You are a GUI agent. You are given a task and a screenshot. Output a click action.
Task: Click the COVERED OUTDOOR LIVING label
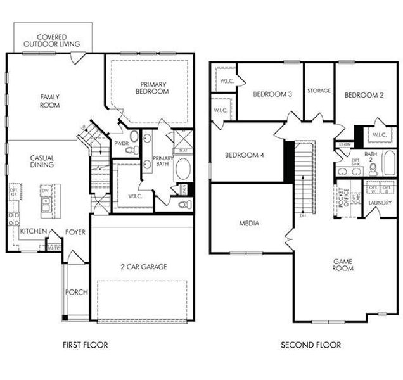click(52, 41)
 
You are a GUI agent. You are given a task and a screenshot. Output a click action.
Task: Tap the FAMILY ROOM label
click(49, 101)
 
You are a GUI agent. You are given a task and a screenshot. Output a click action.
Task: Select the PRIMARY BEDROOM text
click(152, 87)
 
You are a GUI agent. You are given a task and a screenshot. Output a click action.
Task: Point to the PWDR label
click(122, 144)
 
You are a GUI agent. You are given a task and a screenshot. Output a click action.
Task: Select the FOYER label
click(75, 232)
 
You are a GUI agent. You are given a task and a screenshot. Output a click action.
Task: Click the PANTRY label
click(54, 248)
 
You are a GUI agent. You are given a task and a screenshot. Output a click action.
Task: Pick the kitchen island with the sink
click(46, 198)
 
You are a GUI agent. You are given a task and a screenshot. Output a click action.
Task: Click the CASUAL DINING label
click(41, 161)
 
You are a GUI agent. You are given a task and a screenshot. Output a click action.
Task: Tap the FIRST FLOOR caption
click(85, 345)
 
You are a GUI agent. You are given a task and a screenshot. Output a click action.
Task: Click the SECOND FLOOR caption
click(310, 345)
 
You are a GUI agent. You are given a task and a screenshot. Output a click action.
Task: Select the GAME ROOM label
click(343, 264)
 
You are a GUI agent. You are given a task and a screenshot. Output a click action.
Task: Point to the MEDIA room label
click(248, 223)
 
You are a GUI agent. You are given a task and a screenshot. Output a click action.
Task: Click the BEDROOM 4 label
click(244, 155)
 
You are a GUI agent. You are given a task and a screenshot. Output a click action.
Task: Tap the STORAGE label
click(319, 91)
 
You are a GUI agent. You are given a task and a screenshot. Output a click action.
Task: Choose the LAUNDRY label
click(379, 203)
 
